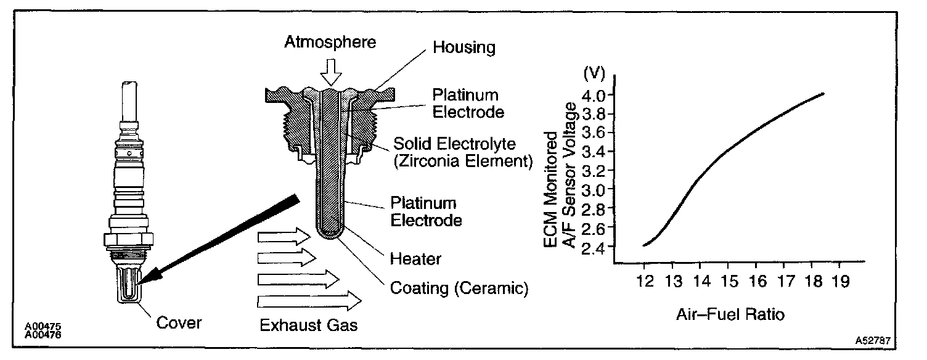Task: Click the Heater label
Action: [416, 258]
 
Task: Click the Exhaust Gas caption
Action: [308, 325]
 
